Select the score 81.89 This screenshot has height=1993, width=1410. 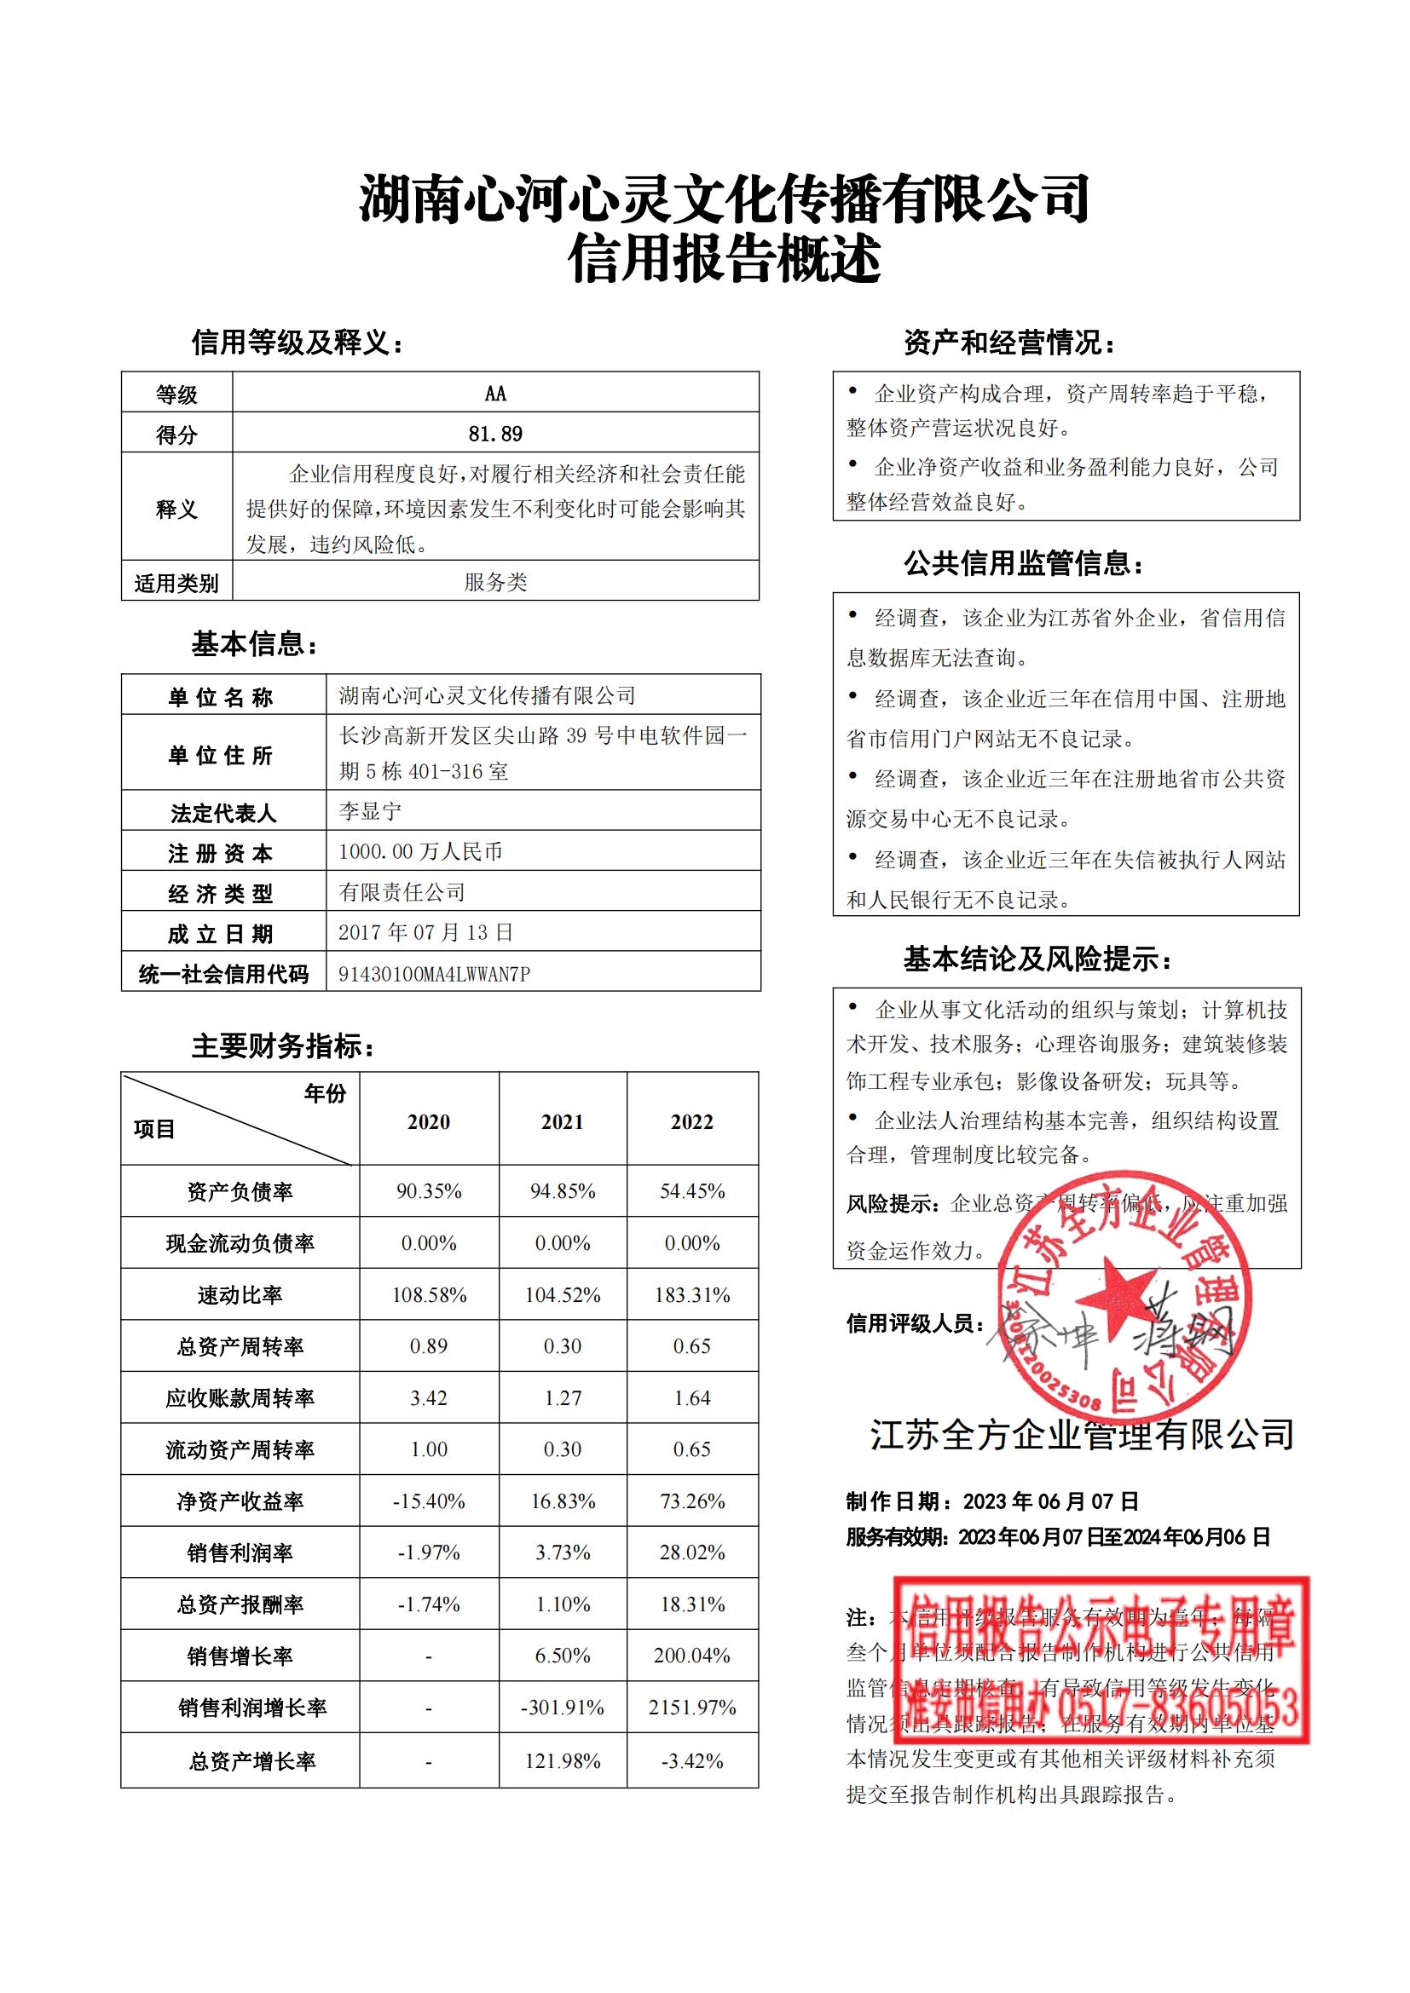tap(495, 433)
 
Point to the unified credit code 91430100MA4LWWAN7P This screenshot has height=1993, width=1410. tap(434, 974)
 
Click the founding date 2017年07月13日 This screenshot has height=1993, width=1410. tap(425, 932)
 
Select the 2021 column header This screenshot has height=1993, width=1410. tap(563, 1121)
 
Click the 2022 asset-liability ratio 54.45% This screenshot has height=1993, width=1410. tap(692, 1191)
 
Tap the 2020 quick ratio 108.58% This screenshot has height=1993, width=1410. tap(429, 1295)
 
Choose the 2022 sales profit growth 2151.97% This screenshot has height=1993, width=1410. tap(692, 1708)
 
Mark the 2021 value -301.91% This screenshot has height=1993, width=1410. tap(563, 1708)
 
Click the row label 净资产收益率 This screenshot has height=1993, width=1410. tap(240, 1501)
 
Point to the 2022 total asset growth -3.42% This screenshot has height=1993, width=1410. tap(692, 1761)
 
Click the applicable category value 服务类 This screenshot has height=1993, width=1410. tap(495, 582)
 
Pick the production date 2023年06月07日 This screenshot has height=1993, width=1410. tap(1050, 1501)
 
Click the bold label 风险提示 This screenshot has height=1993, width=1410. tap(892, 1204)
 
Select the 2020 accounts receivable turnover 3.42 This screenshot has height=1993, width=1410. tap(429, 1398)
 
